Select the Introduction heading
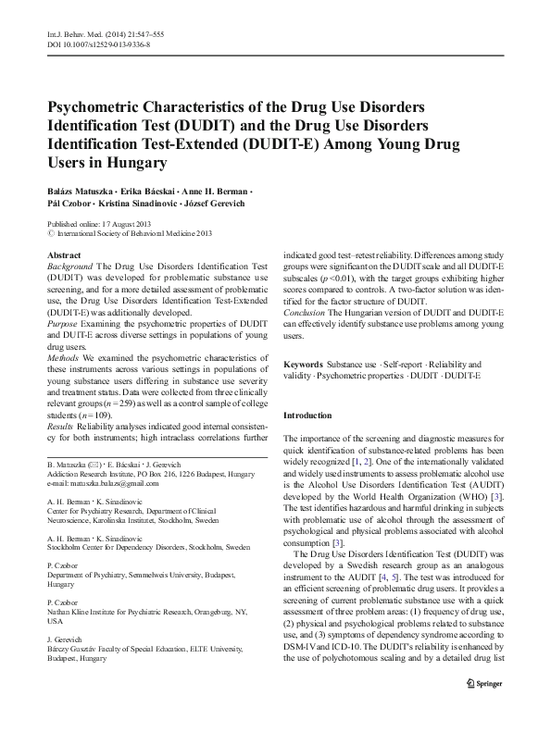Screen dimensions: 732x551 click(308, 416)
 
